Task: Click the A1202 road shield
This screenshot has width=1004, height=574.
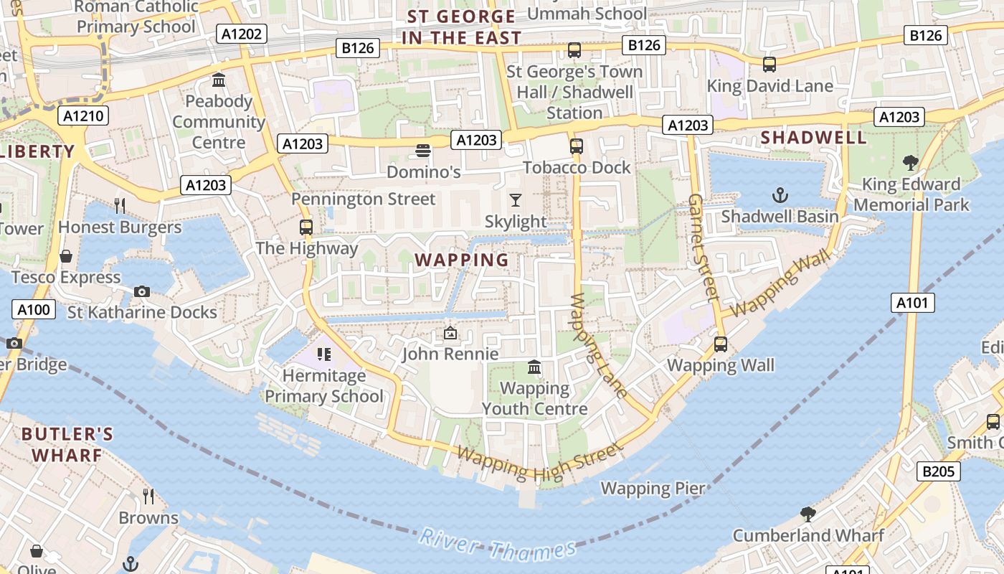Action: (243, 34)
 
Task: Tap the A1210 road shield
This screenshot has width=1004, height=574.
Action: (84, 116)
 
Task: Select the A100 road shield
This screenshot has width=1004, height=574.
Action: (33, 310)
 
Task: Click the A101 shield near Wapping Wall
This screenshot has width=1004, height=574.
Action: (913, 303)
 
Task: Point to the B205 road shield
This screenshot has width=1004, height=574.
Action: (938, 471)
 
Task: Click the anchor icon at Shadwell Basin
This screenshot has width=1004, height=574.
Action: (780, 195)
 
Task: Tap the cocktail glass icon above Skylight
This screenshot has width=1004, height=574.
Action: (515, 200)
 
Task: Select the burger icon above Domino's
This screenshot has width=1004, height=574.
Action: (423, 151)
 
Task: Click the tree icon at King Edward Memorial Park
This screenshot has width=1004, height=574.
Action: (911, 163)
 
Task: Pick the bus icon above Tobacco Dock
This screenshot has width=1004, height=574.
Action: (576, 146)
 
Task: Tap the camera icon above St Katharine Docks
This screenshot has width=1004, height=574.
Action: (142, 291)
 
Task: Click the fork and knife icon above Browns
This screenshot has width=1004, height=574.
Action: (148, 497)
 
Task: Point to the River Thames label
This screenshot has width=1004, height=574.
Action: (498, 545)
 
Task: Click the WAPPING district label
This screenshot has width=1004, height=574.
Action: (462, 260)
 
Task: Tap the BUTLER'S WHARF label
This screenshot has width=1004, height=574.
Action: (67, 444)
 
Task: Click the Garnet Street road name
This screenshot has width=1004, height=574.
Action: (704, 246)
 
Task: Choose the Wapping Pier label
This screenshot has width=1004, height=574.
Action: (653, 489)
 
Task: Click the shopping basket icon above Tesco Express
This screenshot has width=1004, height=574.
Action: (66, 256)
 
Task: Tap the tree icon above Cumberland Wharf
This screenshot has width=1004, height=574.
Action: (808, 514)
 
